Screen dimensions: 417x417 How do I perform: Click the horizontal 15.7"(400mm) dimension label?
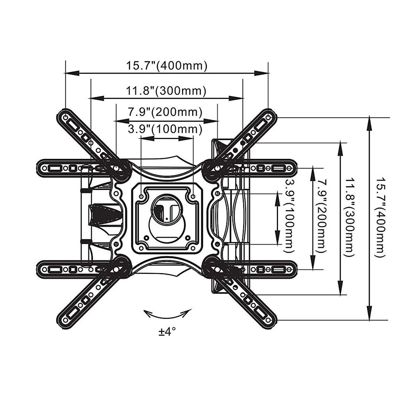[166, 66]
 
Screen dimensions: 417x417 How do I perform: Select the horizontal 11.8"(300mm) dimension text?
[166, 91]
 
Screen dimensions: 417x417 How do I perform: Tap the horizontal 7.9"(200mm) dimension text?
[165, 112]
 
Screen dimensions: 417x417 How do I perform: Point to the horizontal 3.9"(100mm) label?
[165, 129]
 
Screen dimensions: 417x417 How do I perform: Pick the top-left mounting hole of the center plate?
[141, 197]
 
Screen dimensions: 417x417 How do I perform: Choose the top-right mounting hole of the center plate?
[193, 197]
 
